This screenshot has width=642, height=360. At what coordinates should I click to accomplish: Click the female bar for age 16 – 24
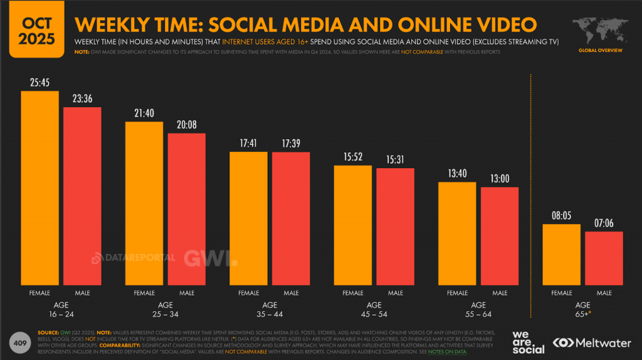(39, 188)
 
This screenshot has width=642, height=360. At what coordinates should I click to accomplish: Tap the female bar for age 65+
(561, 254)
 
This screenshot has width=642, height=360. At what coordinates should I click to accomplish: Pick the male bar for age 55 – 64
(500, 236)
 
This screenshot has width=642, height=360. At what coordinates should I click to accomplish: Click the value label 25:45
(39, 82)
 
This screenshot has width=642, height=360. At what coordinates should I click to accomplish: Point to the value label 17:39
(291, 143)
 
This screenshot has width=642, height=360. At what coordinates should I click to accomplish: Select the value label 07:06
(604, 223)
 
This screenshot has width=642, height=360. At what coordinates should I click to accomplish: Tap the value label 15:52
(353, 156)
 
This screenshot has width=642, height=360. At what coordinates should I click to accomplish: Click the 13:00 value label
(500, 178)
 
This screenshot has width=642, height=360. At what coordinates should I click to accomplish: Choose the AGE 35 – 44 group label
(270, 309)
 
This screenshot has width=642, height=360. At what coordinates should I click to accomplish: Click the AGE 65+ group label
(583, 309)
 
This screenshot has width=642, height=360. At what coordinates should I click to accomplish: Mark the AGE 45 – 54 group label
(374, 309)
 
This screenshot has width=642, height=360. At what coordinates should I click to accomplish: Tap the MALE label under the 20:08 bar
(187, 293)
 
